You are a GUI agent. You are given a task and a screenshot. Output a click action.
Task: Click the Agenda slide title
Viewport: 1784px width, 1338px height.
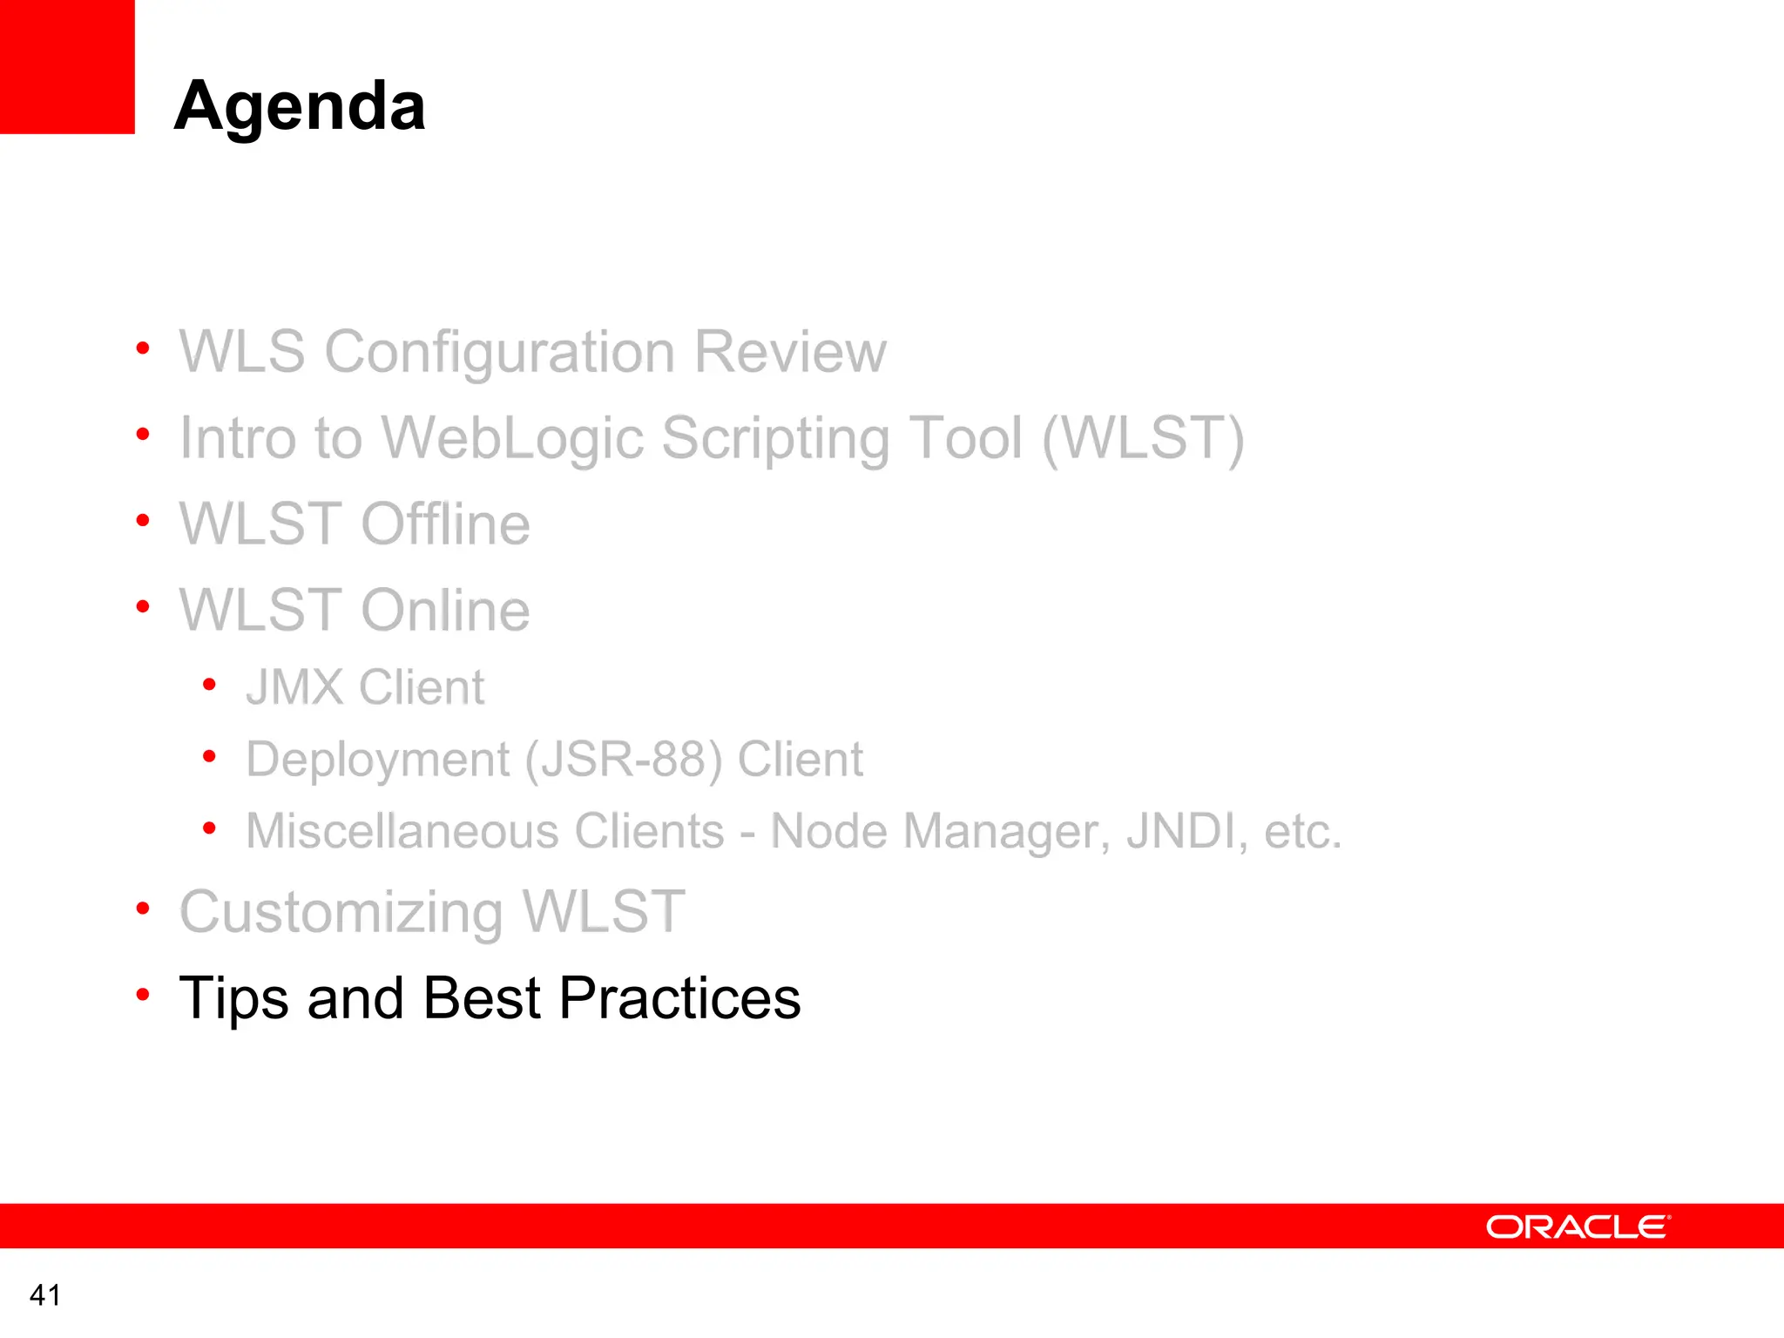[300, 106]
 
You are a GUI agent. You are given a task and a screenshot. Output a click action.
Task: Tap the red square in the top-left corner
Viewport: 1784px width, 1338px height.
[67, 66]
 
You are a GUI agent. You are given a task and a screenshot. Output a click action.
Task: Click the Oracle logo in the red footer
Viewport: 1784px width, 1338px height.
[1578, 1226]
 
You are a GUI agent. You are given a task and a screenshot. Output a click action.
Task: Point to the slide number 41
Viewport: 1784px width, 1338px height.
[45, 1295]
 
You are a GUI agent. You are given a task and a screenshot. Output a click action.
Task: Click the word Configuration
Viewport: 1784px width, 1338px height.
[499, 352]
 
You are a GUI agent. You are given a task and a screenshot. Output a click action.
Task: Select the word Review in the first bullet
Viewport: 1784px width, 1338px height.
[790, 352]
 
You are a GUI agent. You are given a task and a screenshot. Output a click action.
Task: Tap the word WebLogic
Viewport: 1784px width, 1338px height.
[513, 438]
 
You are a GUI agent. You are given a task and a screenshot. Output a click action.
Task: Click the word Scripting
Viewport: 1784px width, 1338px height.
[776, 438]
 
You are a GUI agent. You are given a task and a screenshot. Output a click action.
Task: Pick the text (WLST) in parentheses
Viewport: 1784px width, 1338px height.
[1143, 438]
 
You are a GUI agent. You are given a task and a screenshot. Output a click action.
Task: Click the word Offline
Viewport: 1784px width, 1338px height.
[445, 524]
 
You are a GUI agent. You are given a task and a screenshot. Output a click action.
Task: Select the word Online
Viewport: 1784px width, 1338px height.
[445, 611]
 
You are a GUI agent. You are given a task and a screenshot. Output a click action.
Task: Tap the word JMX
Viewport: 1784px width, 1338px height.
[294, 687]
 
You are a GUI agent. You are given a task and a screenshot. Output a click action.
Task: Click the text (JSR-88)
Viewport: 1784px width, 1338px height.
[623, 760]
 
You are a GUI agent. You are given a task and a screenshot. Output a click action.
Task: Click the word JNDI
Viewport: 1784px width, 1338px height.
[1181, 831]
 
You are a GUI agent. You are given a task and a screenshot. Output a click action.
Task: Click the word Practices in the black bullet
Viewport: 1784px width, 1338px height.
[679, 998]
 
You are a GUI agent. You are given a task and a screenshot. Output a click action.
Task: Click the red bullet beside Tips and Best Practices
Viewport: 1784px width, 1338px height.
[143, 994]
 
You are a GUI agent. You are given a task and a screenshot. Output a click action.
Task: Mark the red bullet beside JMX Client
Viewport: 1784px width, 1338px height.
[209, 685]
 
